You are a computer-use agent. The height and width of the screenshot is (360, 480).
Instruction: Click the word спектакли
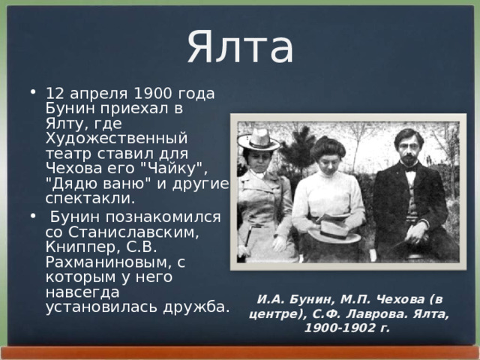click(90, 199)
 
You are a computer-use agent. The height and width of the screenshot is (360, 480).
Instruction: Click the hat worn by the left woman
click(257, 140)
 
